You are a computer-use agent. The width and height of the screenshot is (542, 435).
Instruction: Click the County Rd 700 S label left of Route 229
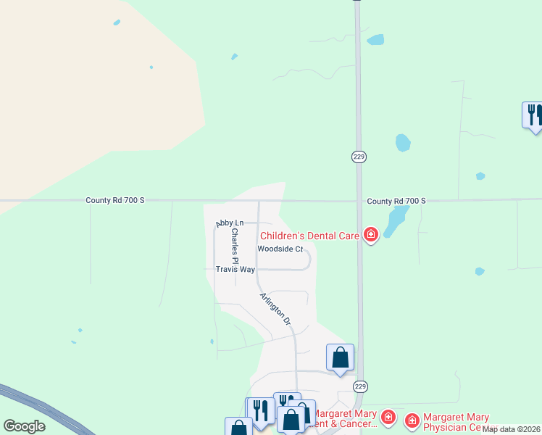pos(115,201)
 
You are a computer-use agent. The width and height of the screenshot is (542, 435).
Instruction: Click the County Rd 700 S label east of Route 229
pos(396,201)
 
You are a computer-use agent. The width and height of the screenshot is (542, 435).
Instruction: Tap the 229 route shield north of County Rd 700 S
pos(359,157)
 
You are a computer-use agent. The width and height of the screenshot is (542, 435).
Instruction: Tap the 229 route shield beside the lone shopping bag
pos(359,386)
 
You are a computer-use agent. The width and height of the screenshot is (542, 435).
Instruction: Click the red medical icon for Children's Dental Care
pos(371,234)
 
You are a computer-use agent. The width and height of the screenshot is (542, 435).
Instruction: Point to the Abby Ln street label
pos(230,223)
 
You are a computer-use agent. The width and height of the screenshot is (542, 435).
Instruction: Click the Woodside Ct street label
pos(280,249)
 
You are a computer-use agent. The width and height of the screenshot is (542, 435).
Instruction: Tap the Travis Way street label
pos(235,269)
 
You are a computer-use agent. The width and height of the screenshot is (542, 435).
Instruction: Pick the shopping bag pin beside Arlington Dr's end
pos(340,357)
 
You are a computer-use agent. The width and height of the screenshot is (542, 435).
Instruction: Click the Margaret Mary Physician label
pos(456,421)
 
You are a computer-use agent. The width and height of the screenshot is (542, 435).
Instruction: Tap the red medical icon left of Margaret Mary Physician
pos(412,420)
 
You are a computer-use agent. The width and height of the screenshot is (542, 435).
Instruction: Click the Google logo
pos(24,426)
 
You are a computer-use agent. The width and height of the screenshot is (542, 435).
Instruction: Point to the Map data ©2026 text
pos(512,429)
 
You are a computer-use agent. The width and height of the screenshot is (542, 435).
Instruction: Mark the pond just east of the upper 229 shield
pos(403,143)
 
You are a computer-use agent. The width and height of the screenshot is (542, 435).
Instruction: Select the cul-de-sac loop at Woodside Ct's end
pos(308,259)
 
